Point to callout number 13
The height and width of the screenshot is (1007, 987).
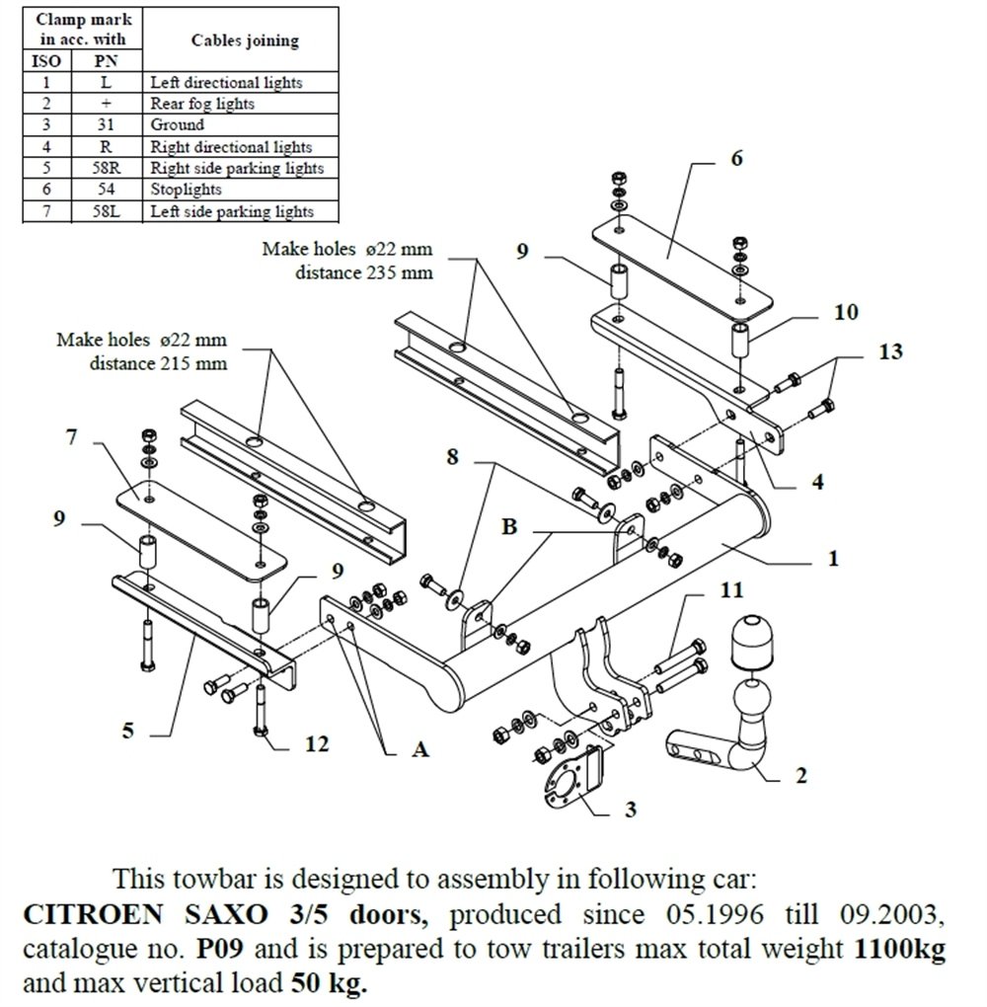890,351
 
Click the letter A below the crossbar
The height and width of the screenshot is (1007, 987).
420,750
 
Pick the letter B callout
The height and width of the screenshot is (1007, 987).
509,526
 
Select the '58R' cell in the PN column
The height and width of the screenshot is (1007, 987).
105,168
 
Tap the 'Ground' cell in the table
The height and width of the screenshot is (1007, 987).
178,125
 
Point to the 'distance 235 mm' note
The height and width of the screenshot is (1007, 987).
364,271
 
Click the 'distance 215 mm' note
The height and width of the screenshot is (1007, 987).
159,362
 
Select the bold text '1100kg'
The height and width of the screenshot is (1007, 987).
896,951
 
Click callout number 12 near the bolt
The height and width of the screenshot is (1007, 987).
315,742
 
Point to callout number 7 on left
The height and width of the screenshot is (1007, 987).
71,435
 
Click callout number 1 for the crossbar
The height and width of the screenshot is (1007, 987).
833,559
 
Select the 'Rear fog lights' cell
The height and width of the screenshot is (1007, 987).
202,104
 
